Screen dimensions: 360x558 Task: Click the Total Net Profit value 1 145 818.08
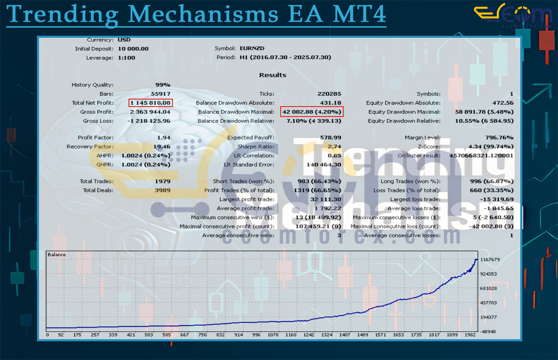(150, 103)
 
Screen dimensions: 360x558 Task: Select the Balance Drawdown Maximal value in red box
(312, 112)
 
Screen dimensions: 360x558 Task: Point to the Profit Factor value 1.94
(164, 138)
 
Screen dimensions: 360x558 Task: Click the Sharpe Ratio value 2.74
(334, 147)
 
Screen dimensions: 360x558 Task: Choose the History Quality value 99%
(163, 85)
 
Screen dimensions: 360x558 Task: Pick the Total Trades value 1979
(163, 181)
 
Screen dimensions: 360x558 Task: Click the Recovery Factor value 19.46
(161, 147)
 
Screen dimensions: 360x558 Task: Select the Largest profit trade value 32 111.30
(325, 199)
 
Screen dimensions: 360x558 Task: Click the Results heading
(273, 75)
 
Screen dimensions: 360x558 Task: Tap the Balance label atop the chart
(56, 254)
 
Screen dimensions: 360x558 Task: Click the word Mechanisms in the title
(203, 15)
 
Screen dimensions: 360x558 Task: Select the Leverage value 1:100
(126, 58)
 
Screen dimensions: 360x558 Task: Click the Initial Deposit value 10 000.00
(133, 49)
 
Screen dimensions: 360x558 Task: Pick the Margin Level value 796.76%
(499, 138)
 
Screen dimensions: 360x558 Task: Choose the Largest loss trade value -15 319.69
(497, 199)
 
